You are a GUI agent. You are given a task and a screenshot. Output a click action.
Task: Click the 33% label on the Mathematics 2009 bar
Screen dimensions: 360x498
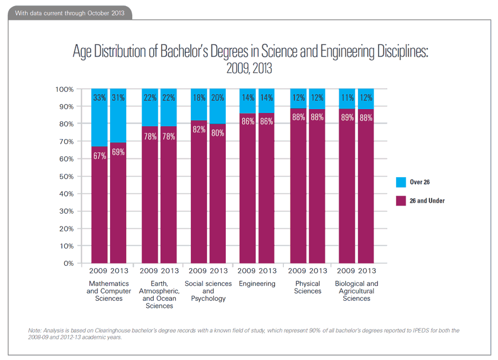tap(100, 97)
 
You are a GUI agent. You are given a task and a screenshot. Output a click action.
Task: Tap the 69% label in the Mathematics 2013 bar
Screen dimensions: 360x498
tap(118, 151)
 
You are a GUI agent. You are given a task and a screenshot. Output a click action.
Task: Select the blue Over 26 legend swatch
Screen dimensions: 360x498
tap(401, 182)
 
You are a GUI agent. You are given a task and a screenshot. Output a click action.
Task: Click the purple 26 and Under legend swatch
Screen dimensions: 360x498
tap(401, 200)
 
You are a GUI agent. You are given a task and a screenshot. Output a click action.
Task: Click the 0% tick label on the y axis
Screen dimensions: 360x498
tap(68, 263)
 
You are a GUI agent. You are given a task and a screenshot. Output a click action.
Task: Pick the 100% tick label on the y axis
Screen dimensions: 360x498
tap(64, 89)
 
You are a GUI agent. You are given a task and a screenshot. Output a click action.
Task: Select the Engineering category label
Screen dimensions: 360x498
tap(257, 284)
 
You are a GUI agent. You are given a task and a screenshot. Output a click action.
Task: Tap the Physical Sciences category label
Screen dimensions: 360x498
tap(308, 287)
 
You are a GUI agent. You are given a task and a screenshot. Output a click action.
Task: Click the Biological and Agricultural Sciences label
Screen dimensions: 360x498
tap(356, 291)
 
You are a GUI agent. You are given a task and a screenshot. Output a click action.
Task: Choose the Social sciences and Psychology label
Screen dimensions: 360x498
tap(208, 291)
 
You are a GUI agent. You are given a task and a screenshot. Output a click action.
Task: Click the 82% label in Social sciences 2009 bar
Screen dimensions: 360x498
tap(199, 129)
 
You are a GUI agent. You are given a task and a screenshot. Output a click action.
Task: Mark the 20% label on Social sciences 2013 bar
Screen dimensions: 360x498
tap(218, 97)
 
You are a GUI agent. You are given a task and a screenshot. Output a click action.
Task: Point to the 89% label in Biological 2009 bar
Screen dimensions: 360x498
tap(347, 117)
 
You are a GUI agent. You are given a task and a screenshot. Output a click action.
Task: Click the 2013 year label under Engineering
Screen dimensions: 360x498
tap(267, 271)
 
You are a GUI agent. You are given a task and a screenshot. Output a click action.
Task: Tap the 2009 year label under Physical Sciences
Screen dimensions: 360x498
tap(298, 271)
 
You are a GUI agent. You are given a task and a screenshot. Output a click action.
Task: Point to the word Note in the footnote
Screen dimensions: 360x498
tap(35, 331)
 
